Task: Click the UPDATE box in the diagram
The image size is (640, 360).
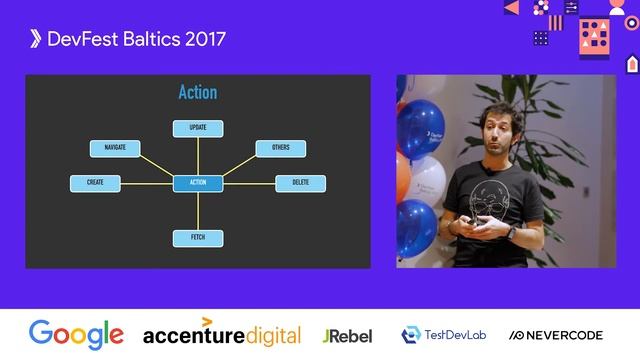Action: [198, 128]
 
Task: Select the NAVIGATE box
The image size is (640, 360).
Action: [114, 148]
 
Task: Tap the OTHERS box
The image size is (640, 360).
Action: [281, 148]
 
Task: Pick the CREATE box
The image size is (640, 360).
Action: [95, 183]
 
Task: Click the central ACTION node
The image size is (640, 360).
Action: [198, 183]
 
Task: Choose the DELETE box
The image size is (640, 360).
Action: [300, 183]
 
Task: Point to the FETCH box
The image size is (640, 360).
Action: [198, 238]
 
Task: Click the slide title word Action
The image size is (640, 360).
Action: [198, 93]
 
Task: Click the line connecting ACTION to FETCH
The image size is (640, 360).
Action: [198, 210]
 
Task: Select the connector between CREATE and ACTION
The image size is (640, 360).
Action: [146, 183]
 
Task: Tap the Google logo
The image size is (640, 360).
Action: [76, 335]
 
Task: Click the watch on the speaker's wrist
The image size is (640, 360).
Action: [510, 231]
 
